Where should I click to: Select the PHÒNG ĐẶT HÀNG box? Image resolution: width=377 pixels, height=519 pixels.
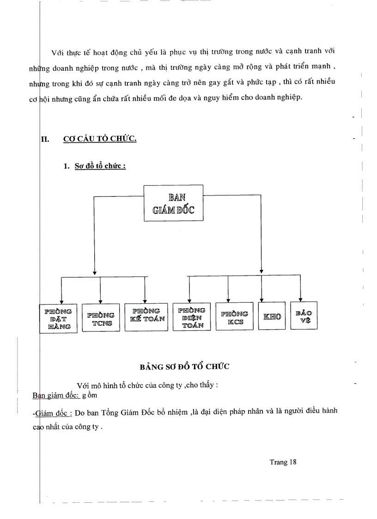click(58, 318)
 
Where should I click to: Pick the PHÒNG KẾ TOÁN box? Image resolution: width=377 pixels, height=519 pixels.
click(146, 318)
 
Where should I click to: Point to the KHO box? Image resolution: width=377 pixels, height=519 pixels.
click(272, 317)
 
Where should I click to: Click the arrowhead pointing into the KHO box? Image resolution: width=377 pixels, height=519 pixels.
click(262, 299)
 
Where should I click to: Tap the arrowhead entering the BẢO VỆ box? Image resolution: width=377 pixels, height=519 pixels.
click(301, 299)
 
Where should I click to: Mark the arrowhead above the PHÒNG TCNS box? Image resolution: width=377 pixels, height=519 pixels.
click(101, 301)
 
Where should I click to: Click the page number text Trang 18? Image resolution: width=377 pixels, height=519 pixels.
click(283, 462)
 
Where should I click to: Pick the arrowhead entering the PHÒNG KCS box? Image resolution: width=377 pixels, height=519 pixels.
click(229, 301)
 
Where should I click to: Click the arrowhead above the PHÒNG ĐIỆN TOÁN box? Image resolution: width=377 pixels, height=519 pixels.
click(188, 300)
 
